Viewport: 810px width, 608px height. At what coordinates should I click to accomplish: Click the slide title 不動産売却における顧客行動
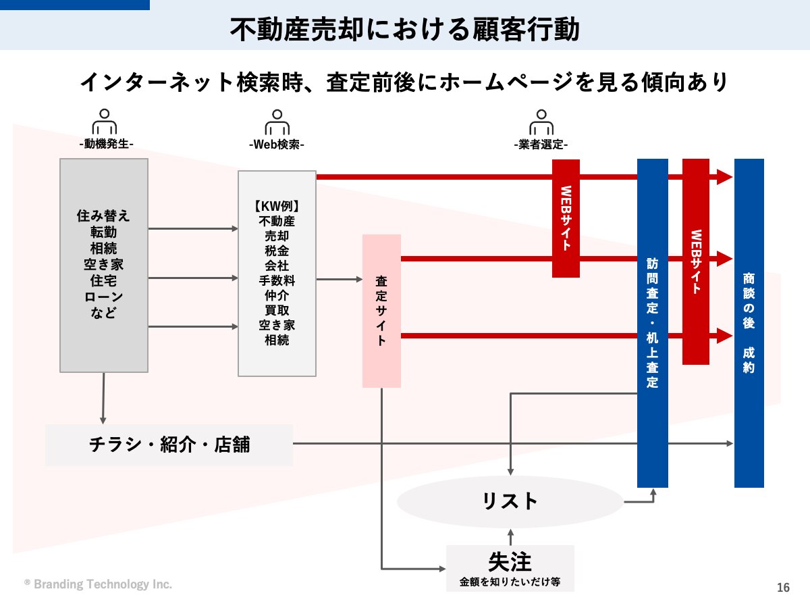404,29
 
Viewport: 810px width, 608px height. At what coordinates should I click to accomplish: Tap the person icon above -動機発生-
105,122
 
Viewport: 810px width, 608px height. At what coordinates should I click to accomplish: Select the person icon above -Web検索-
277,122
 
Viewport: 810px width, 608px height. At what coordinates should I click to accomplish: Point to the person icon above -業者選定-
541,122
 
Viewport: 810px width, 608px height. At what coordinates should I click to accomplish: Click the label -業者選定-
541,145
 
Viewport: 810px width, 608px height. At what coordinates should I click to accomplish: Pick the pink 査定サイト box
381,311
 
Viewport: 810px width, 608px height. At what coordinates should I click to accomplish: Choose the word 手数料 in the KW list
277,280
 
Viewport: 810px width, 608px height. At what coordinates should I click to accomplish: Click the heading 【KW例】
277,206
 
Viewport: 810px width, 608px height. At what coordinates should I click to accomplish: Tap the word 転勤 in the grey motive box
103,232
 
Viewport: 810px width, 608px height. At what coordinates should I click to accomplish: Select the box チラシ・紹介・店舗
169,445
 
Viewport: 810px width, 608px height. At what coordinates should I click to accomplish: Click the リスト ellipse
510,502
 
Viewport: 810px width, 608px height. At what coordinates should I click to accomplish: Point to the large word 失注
510,562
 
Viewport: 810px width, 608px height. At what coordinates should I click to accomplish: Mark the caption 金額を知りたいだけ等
510,582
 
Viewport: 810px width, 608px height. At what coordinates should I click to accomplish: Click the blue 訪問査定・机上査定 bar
653,323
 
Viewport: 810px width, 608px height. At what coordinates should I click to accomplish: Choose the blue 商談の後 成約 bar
749,323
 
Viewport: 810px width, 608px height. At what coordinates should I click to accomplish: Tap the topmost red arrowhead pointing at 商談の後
725,177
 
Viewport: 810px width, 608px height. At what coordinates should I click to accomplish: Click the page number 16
783,587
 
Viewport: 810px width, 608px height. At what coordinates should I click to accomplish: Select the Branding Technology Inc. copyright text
98,584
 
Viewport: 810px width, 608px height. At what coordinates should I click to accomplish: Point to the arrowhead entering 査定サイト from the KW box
359,279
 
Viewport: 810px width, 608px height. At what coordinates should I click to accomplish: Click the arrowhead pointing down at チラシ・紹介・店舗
103,421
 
